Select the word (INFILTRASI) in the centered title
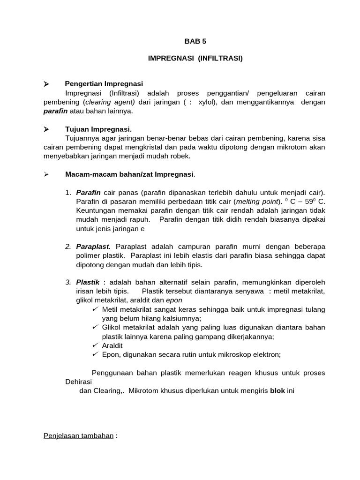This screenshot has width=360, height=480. (x=220, y=59)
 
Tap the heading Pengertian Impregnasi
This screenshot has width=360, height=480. (x=104, y=84)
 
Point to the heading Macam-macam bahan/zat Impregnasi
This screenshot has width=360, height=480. (x=129, y=174)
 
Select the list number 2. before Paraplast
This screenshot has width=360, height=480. (x=68, y=247)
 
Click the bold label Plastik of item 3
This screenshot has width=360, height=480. (x=88, y=282)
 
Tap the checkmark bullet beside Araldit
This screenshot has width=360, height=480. (x=95, y=345)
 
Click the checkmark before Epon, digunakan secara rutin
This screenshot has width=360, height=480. (x=95, y=354)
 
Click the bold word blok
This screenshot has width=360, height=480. (x=277, y=390)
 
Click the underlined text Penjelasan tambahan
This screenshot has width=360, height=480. (x=78, y=435)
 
